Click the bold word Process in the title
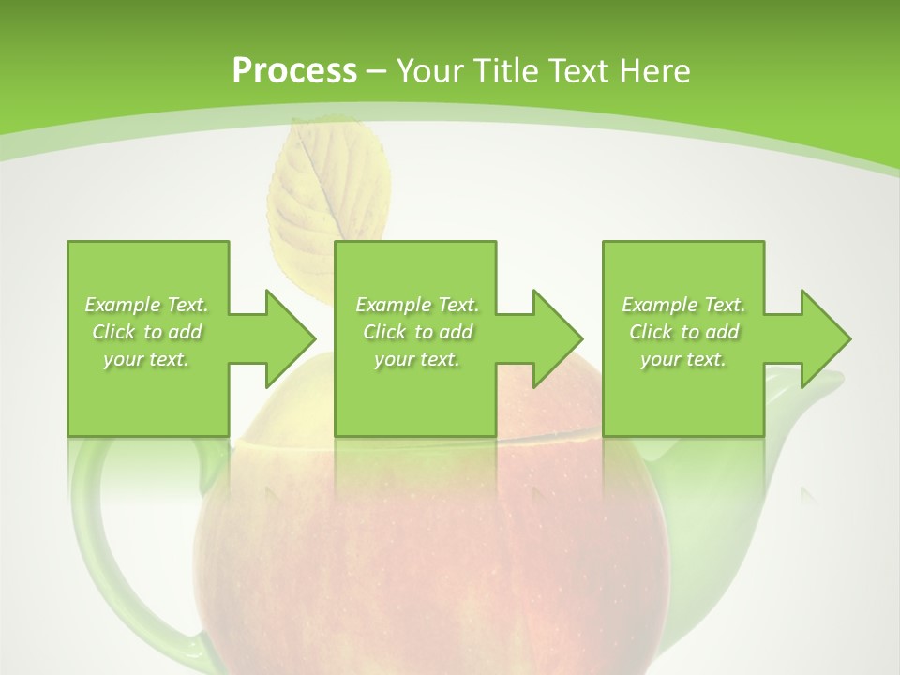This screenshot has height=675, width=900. [294, 71]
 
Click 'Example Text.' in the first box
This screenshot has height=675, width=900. [146, 305]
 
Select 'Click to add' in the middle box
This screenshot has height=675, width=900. [417, 332]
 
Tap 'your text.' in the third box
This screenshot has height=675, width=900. [683, 359]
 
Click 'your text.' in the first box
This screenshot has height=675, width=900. [146, 359]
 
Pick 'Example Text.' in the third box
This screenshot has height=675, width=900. [683, 305]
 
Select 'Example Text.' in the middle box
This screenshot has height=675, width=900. [417, 305]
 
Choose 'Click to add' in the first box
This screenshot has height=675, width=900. [146, 332]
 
